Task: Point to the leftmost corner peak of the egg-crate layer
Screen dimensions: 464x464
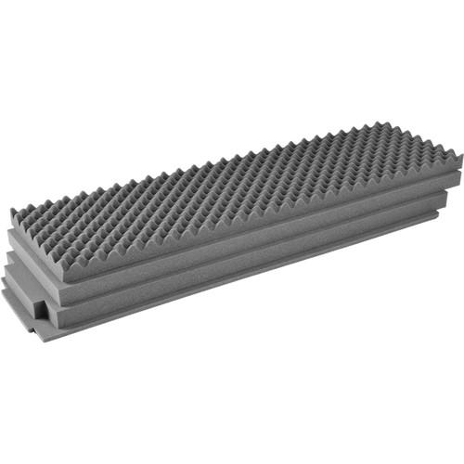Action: coord(13,213)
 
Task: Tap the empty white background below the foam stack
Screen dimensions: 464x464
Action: coord(232,399)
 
